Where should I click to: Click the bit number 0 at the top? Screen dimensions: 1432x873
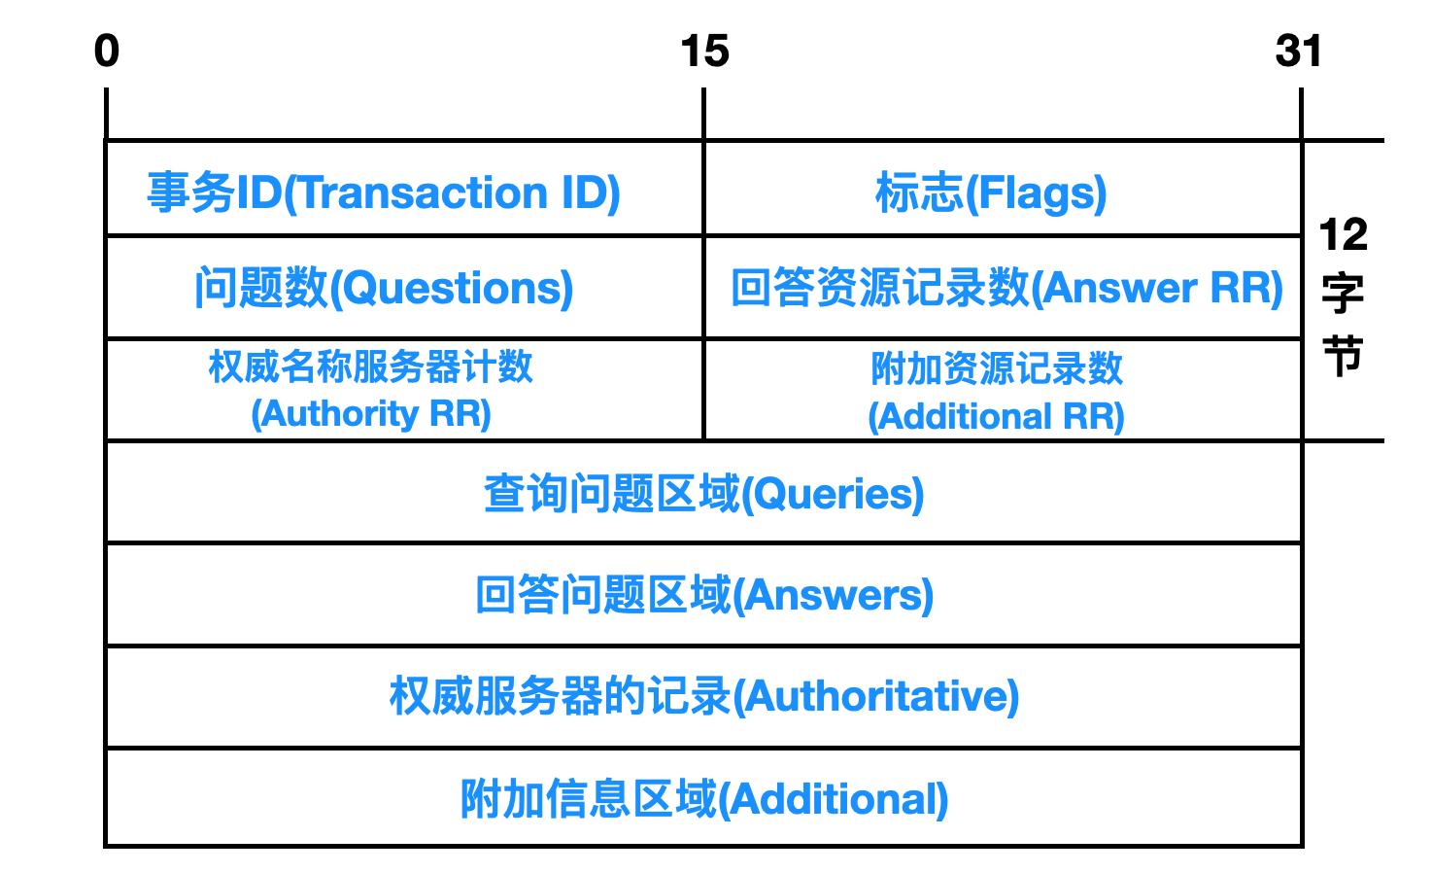click(x=107, y=51)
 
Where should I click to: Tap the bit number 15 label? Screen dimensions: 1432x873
click(x=704, y=51)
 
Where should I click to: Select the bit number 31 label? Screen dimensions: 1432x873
click(x=1299, y=51)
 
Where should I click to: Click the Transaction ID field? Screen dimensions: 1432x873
click(x=384, y=192)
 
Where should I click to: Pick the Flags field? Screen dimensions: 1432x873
click(x=991, y=192)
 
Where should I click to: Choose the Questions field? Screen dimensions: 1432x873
click(x=384, y=288)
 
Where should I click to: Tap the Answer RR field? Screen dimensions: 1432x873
click(x=1006, y=288)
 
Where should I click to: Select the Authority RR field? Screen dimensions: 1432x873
click(x=371, y=390)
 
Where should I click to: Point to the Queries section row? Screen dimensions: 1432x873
click(x=703, y=494)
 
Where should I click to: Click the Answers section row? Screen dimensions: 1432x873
click(x=703, y=595)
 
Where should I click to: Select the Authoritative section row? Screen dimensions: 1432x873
click(x=703, y=696)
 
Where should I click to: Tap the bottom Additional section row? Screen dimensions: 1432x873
click(x=703, y=798)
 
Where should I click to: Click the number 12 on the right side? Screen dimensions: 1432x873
click(x=1343, y=234)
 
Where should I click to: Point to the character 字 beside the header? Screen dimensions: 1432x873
click(x=1343, y=294)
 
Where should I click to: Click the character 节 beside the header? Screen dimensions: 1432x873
click(x=1343, y=355)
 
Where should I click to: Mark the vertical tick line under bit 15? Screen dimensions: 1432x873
click(x=703, y=114)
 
